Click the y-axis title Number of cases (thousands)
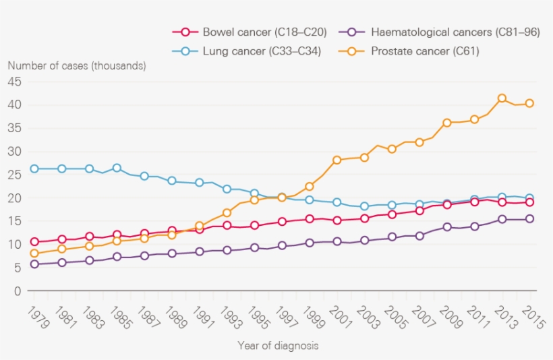click(77, 65)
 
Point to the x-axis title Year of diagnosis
click(278, 345)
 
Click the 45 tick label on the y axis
click(15, 82)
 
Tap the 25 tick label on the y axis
click(15, 175)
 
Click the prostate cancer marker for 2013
click(502, 98)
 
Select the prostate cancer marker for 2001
click(337, 160)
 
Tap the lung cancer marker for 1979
click(34, 169)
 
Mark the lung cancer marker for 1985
click(117, 169)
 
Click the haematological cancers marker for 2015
click(529, 219)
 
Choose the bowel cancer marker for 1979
click(34, 242)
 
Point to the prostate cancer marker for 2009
click(446, 123)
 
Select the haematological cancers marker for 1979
click(34, 264)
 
